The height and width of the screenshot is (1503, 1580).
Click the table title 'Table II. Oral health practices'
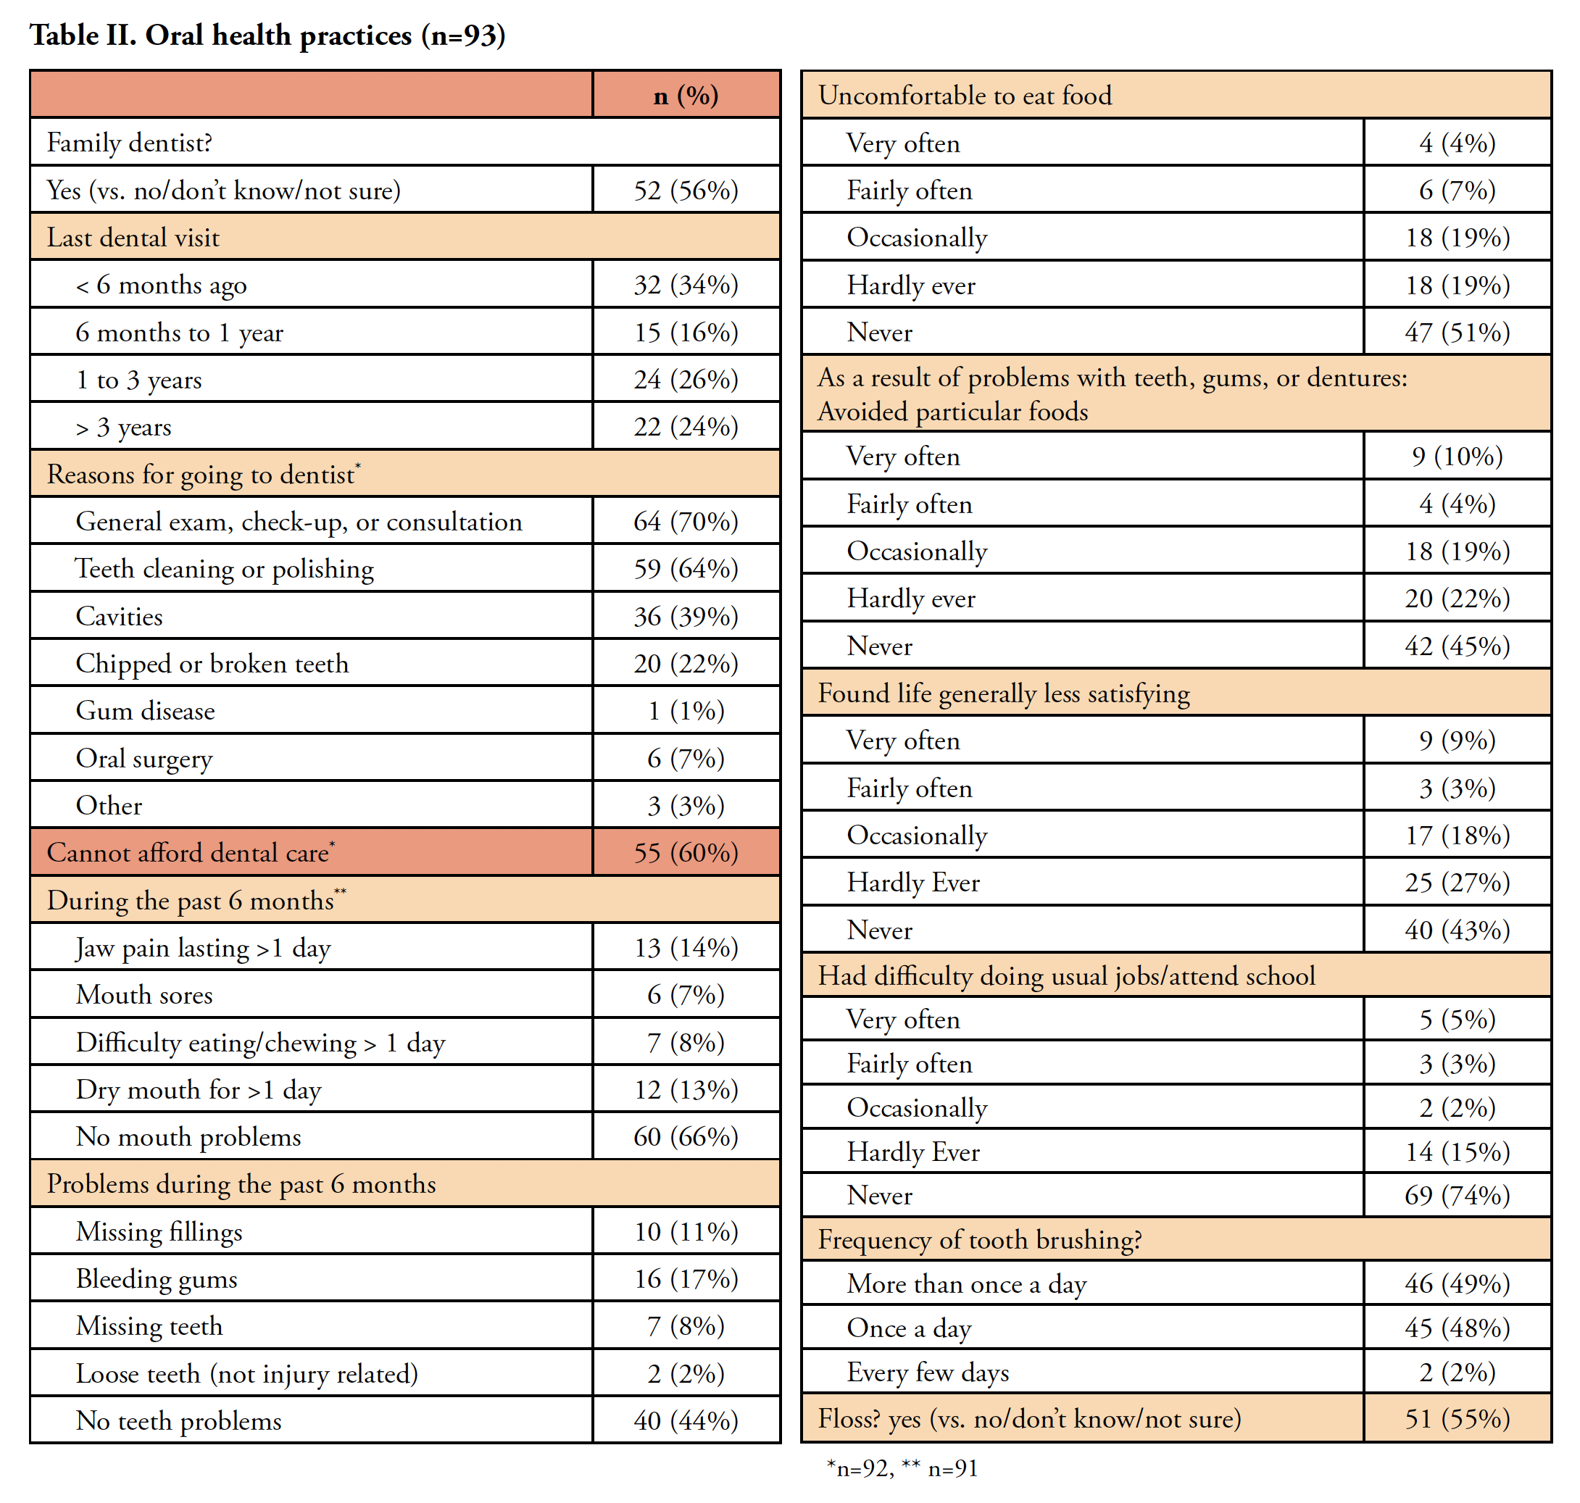click(267, 36)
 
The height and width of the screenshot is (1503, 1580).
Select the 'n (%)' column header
click(686, 96)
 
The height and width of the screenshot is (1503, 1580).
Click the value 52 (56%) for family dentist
click(686, 190)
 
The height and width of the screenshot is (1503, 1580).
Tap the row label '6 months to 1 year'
click(180, 333)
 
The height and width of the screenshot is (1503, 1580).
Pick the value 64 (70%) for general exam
click(686, 522)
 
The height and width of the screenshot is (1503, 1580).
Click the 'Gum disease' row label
click(145, 711)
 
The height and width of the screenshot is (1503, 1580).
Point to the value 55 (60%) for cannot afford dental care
click(686, 852)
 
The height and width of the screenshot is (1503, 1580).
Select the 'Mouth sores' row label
click(144, 995)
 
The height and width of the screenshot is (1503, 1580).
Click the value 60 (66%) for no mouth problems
click(686, 1137)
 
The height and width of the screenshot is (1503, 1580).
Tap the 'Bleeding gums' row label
click(157, 1278)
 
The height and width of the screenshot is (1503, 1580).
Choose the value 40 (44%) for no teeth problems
click(686, 1420)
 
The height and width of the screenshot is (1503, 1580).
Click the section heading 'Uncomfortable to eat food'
click(965, 96)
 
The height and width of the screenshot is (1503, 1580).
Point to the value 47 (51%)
click(1457, 333)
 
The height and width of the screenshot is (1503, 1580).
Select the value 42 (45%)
click(1457, 646)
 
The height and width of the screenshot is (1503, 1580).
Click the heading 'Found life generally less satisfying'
click(1003, 693)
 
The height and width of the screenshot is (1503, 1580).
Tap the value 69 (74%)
click(1457, 1195)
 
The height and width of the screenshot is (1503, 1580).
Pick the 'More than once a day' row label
click(966, 1284)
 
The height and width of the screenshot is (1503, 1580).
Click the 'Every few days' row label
click(928, 1373)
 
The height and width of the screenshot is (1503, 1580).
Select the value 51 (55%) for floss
click(1457, 1419)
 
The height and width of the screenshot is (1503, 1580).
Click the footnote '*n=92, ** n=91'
click(902, 1468)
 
